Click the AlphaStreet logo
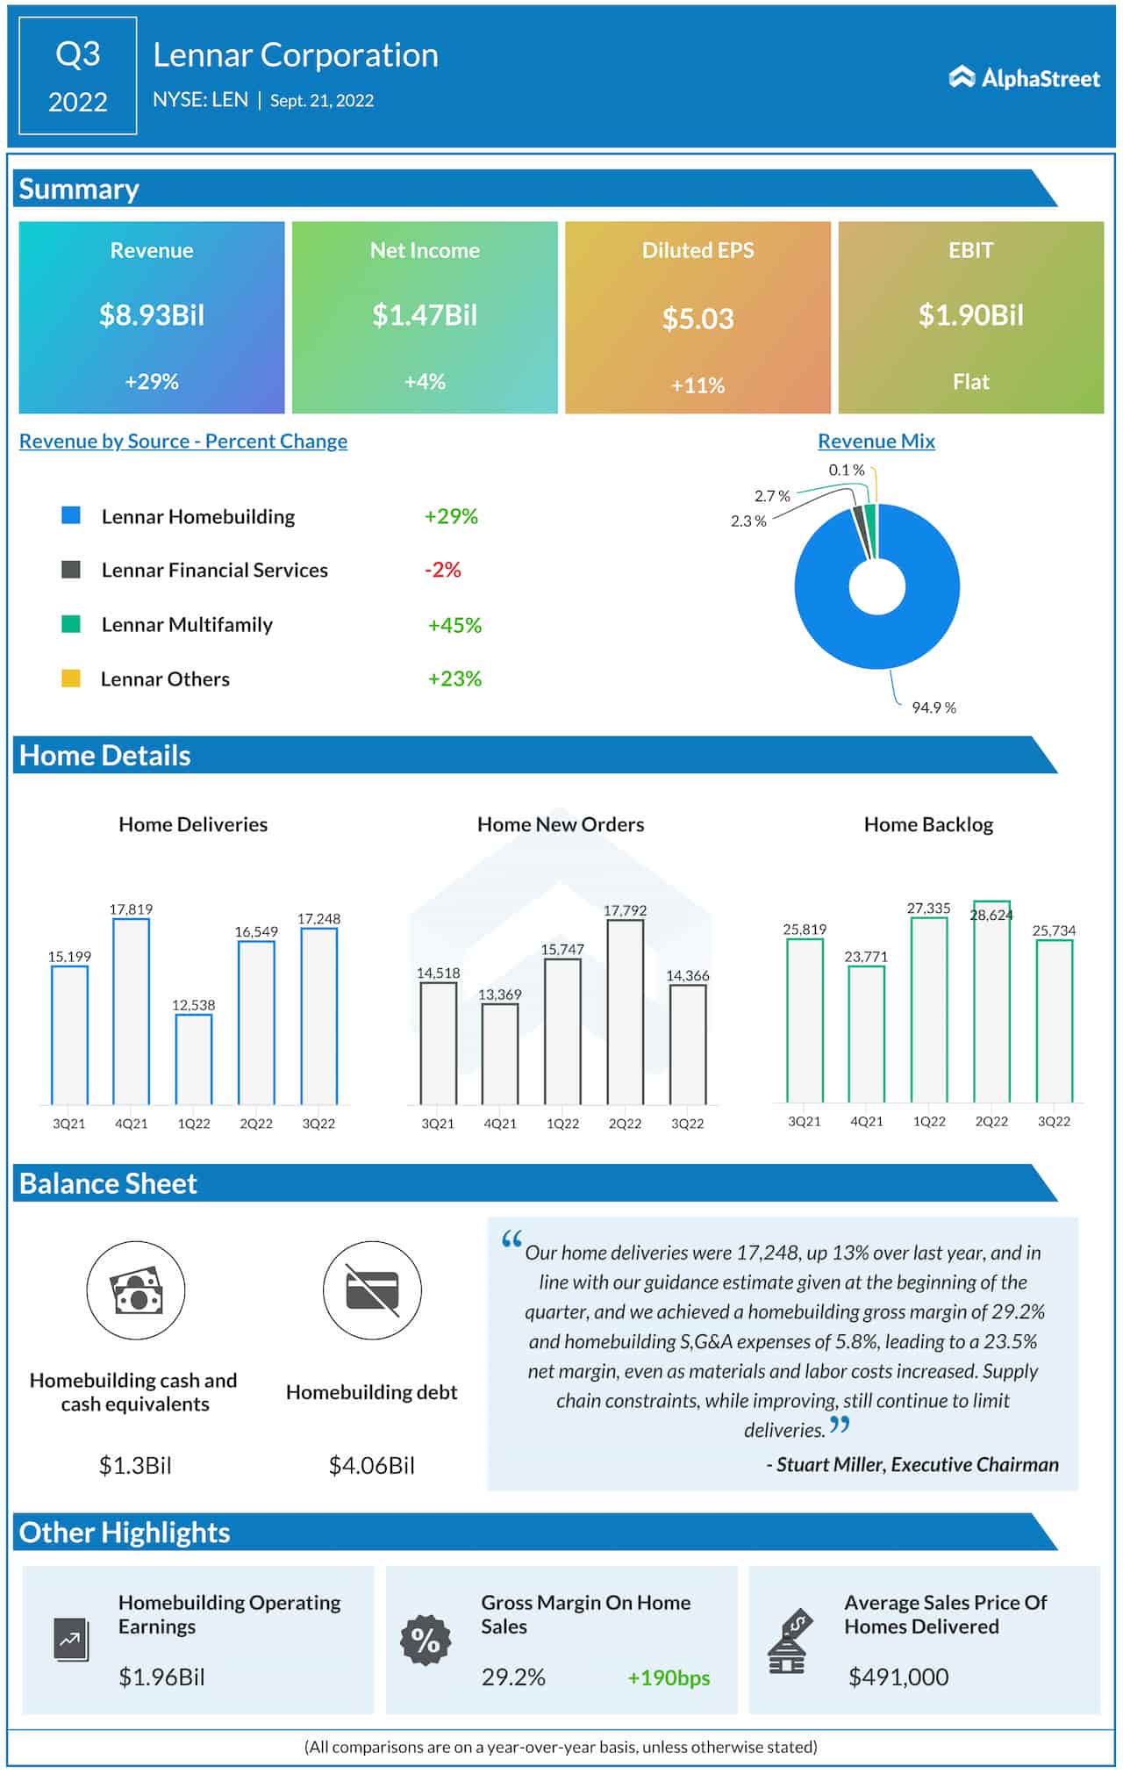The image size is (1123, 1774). pos(1024,78)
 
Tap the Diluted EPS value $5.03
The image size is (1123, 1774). pos(697,319)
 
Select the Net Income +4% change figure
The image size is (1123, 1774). pos(425,382)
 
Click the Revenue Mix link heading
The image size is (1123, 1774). pos(876,441)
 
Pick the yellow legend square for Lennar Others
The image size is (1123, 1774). pos(71,679)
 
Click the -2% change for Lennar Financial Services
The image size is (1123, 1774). pos(443,570)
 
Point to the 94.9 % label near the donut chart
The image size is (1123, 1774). pos(933,707)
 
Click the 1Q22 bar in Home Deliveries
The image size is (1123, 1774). pos(194,1059)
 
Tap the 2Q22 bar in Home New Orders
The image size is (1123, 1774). pos(625,1011)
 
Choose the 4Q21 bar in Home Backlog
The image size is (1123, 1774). pos(866,1033)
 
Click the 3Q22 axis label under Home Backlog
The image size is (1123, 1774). pos(1054,1122)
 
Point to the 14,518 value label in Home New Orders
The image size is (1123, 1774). pos(438,973)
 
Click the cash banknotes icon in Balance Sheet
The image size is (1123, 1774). pos(136,1290)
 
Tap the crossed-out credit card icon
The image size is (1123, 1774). pos(372,1290)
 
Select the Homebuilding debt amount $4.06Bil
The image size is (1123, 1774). pos(372,1465)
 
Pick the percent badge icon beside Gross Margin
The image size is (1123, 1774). pos(426,1640)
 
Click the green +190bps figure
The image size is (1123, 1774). pos(669,1677)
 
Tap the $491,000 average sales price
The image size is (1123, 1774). pos(898,1677)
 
